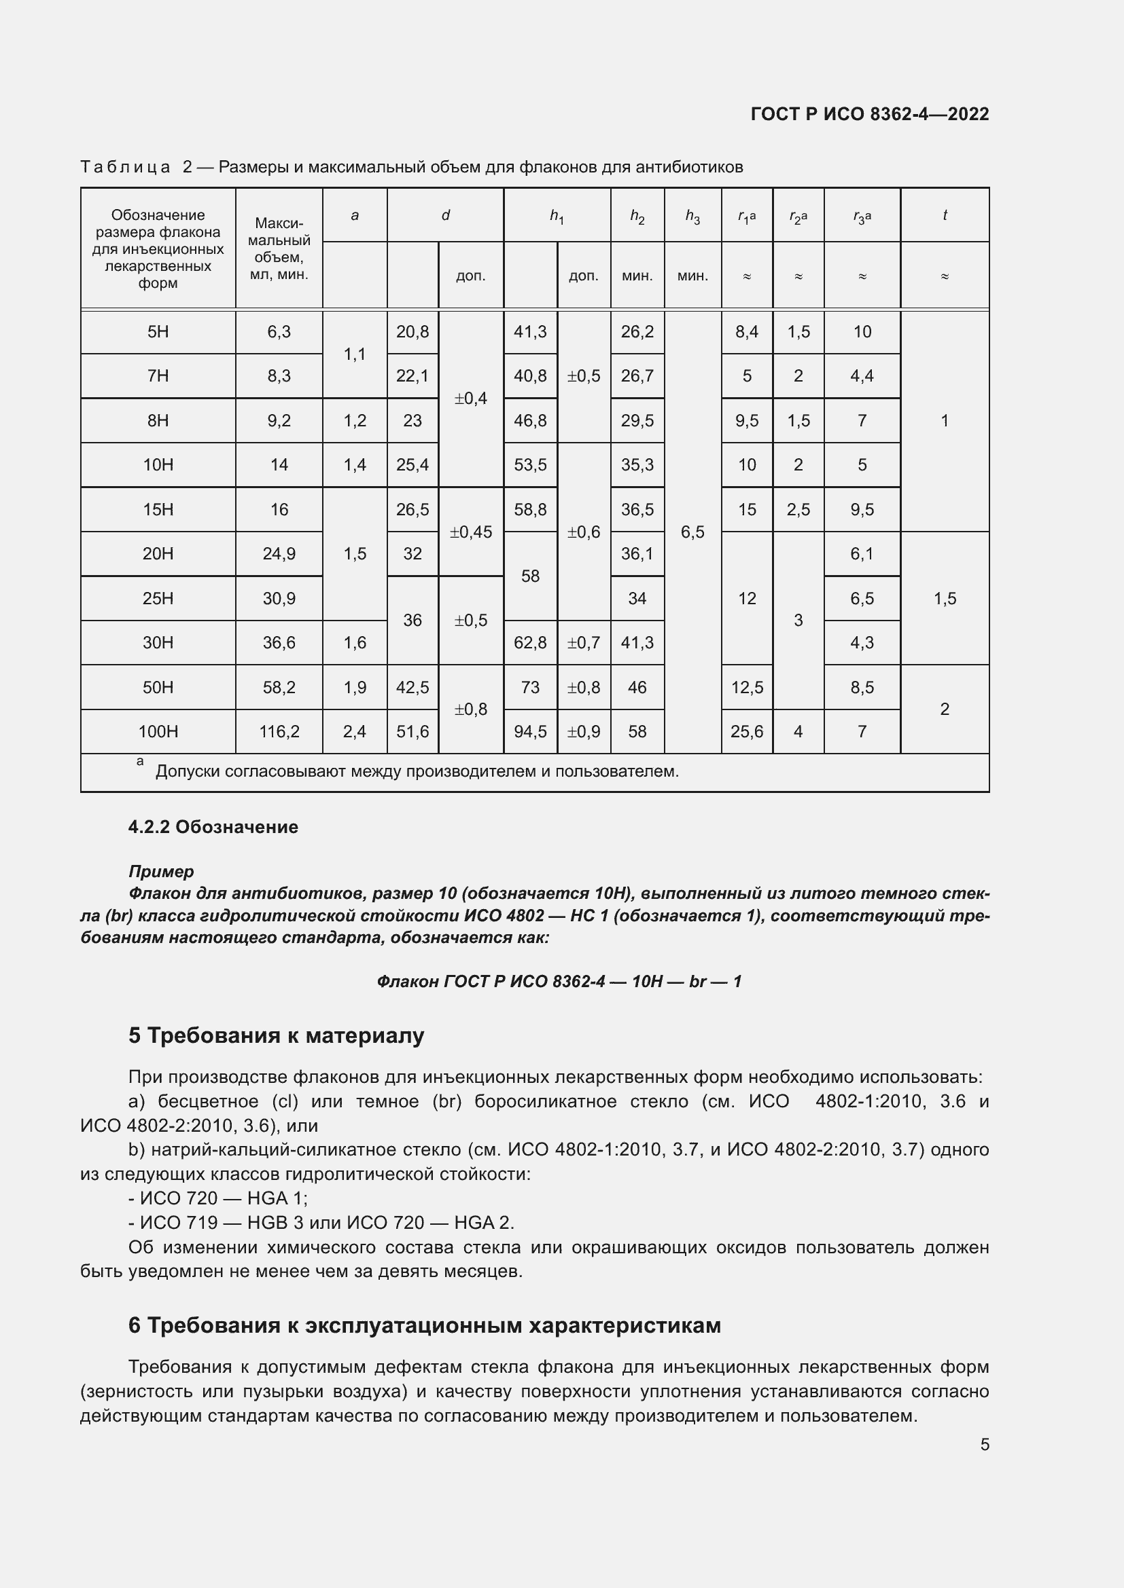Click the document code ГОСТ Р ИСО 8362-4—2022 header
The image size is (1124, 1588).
pos(869,114)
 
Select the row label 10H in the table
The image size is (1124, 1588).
pos(158,465)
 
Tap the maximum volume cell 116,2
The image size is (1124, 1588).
pos(279,732)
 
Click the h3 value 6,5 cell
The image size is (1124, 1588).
pos(692,532)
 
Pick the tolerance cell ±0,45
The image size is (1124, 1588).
pos(471,532)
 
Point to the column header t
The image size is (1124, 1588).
pos(944,215)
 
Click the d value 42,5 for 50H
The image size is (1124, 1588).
pos(412,688)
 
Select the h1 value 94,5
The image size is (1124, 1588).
pos(530,732)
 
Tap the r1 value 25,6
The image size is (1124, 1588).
pos(746,732)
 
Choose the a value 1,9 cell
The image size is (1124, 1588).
pos(354,688)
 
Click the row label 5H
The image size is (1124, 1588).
pos(158,332)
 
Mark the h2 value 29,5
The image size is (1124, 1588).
pos(637,420)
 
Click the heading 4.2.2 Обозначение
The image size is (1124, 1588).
pos(213,827)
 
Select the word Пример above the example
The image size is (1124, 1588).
pos(161,872)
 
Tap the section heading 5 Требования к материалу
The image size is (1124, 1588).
pos(276,1035)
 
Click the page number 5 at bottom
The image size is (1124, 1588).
pos(984,1444)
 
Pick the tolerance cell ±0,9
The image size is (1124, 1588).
pos(584,732)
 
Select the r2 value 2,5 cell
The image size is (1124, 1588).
pos(798,510)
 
